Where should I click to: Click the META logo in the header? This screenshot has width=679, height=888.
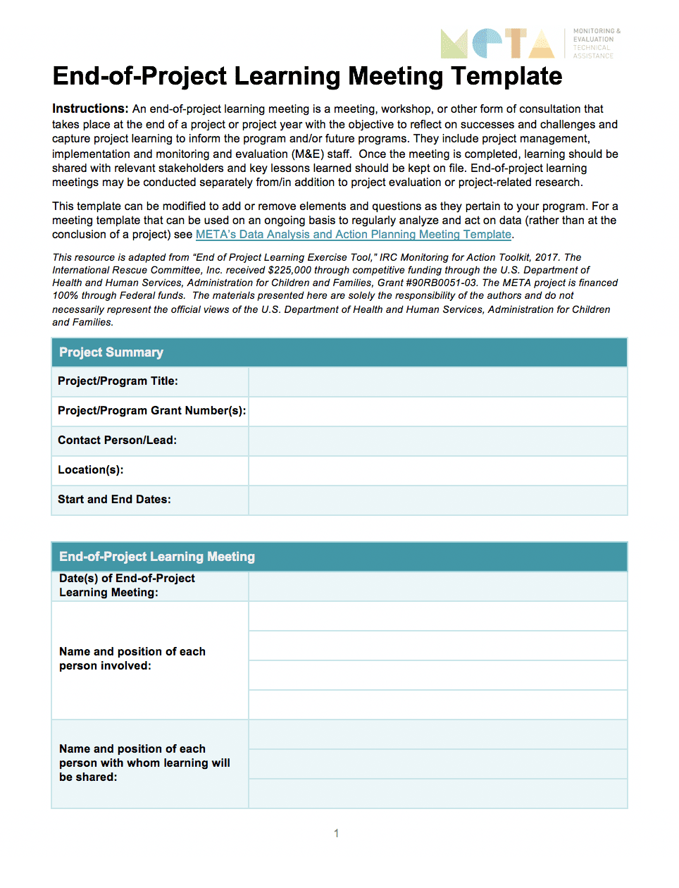click(x=497, y=44)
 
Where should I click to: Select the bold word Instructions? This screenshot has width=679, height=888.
click(x=89, y=109)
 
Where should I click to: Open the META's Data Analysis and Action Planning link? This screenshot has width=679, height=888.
click(x=353, y=235)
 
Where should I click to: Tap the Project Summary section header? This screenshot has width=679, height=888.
click(x=111, y=352)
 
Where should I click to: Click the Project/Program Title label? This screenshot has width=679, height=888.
click(x=118, y=381)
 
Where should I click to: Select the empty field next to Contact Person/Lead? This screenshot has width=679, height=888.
click(x=437, y=440)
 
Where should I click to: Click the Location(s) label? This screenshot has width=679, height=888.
click(x=90, y=470)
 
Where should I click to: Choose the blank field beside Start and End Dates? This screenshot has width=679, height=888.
click(x=437, y=500)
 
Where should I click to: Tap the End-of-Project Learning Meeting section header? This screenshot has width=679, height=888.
click(x=157, y=557)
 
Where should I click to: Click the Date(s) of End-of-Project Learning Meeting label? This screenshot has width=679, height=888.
click(x=127, y=586)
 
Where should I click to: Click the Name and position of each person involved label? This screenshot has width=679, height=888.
click(x=132, y=659)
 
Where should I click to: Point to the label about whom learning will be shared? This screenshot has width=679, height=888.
click(x=144, y=763)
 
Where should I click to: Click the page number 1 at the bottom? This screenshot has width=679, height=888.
click(x=337, y=834)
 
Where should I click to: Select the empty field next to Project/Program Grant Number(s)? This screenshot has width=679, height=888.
click(x=437, y=411)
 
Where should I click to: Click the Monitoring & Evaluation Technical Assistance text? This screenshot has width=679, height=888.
click(x=596, y=44)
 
